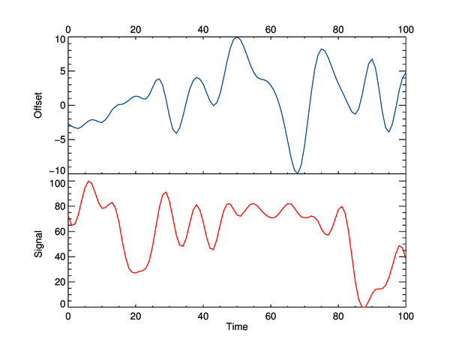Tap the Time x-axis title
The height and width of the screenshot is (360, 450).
coord(237,327)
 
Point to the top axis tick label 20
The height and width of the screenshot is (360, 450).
coord(136,29)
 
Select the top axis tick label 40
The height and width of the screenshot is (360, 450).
coord(203,29)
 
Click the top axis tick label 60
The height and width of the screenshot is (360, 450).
coord(271,29)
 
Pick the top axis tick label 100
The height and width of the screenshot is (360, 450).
coord(406,29)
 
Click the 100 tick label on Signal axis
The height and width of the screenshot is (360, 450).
coord(55,182)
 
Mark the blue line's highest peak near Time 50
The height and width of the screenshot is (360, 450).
coord(237,37)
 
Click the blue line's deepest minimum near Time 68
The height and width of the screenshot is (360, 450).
coord(298,173)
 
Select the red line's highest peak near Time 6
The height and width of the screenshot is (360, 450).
coord(88,181)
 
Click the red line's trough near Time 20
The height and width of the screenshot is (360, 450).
coord(135,272)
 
